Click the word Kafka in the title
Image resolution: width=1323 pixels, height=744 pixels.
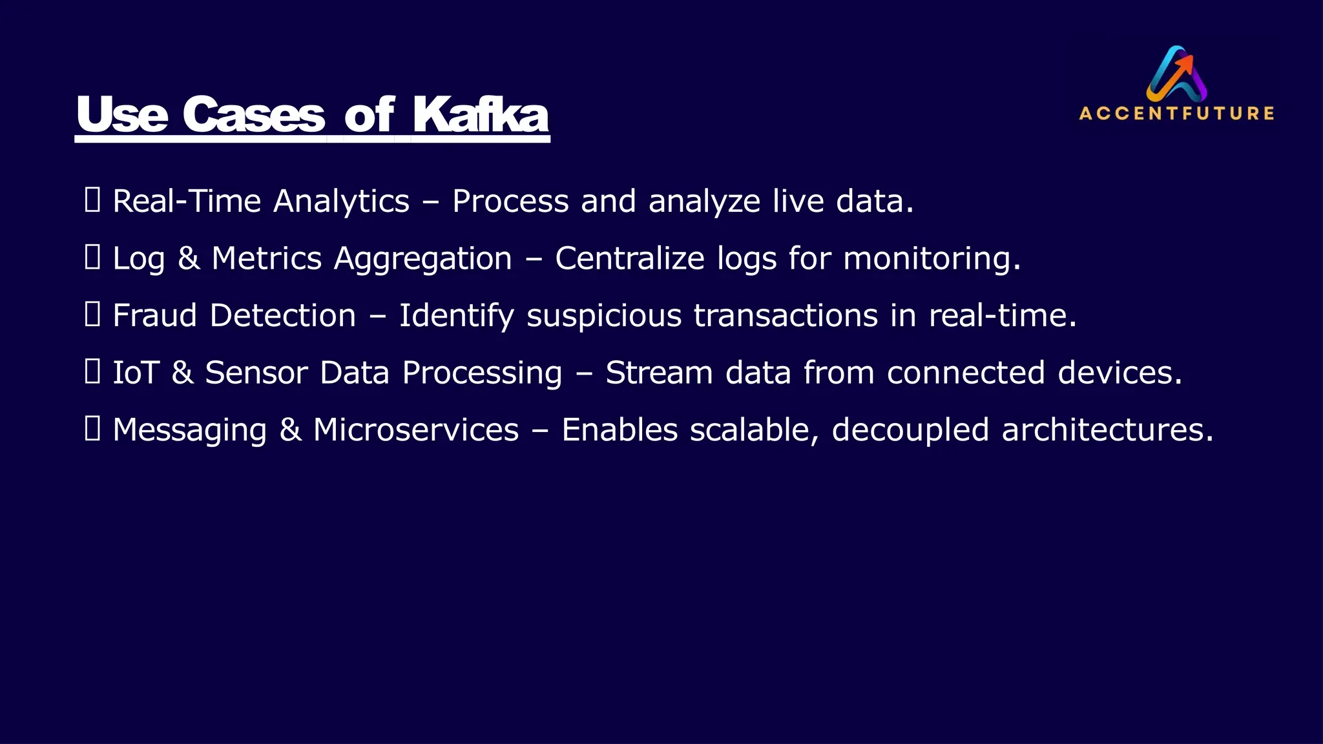[x=481, y=115]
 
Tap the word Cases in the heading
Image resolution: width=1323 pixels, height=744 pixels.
[x=253, y=115]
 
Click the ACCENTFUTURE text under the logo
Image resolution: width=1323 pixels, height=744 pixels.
[x=1176, y=114]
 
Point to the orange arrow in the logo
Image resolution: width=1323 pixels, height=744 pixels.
[x=1184, y=65]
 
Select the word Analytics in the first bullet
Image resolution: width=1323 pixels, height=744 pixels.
[x=341, y=201]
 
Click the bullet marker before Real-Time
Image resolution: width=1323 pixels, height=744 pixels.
[x=92, y=201]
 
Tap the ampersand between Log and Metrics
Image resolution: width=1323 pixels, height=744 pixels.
[x=188, y=258]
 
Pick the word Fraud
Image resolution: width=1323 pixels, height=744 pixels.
[x=154, y=316]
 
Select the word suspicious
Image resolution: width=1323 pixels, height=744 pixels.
[x=604, y=316]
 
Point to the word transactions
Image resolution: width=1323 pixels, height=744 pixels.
[x=786, y=316]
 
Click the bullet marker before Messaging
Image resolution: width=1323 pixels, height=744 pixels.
[x=92, y=429]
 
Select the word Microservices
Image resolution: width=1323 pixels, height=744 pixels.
[x=415, y=430]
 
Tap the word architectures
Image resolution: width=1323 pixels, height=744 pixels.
[x=1107, y=430]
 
